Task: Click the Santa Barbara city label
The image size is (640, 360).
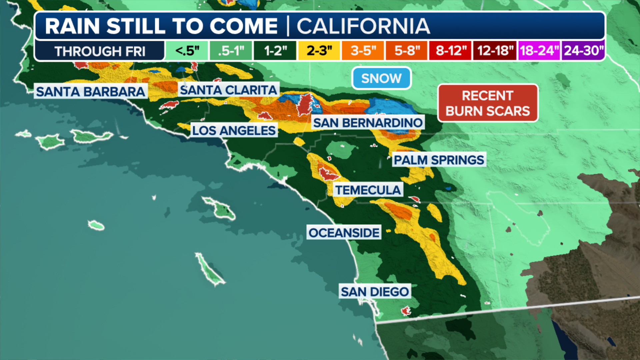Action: (90, 92)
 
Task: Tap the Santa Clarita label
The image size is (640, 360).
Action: (229, 90)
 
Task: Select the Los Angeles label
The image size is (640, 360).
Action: (234, 131)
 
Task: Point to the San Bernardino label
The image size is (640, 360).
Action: (368, 123)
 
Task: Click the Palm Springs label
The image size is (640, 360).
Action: (439, 160)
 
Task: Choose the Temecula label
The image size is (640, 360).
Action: (368, 190)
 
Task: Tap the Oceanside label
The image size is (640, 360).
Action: (344, 233)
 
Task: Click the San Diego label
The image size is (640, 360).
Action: (375, 292)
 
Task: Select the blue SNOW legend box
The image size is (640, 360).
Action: (381, 78)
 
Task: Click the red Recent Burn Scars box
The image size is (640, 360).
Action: (488, 103)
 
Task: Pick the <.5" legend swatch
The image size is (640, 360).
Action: (187, 51)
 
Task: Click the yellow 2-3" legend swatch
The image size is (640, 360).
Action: (319, 51)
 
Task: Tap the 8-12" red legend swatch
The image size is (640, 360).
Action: (451, 51)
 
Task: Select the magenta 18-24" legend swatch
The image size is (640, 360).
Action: (539, 51)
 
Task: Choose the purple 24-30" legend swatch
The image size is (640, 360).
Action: (583, 51)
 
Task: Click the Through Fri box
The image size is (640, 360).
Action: (100, 51)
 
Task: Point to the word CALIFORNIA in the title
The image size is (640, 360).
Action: (363, 26)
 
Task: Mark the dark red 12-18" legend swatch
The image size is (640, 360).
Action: (495, 51)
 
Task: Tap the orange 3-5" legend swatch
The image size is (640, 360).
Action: (363, 51)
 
